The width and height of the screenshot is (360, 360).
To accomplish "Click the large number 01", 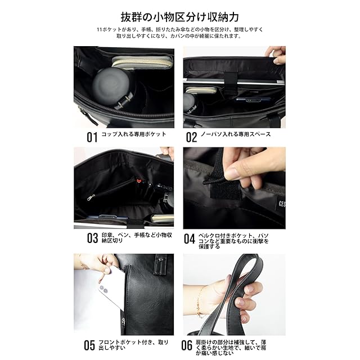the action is click(92, 137).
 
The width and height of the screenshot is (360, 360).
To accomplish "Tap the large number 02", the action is click(191, 137).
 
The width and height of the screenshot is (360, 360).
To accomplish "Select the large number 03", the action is click(92, 238).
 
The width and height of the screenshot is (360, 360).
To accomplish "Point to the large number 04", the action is click(190, 238).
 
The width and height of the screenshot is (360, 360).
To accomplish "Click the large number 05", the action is click(89, 345).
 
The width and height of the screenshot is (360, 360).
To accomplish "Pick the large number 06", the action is click(187, 345).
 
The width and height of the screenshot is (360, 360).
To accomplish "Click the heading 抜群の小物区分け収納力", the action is click(180, 17).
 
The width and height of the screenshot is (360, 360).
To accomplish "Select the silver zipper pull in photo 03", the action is click(91, 197).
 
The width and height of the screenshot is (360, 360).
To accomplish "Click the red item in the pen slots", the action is click(138, 181).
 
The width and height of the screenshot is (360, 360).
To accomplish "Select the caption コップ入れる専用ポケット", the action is click(134, 134).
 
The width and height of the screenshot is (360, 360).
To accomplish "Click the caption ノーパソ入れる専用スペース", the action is click(236, 134).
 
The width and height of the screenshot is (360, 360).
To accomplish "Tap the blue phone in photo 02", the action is click(253, 100).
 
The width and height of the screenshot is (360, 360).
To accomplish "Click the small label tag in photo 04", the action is click(282, 204).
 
